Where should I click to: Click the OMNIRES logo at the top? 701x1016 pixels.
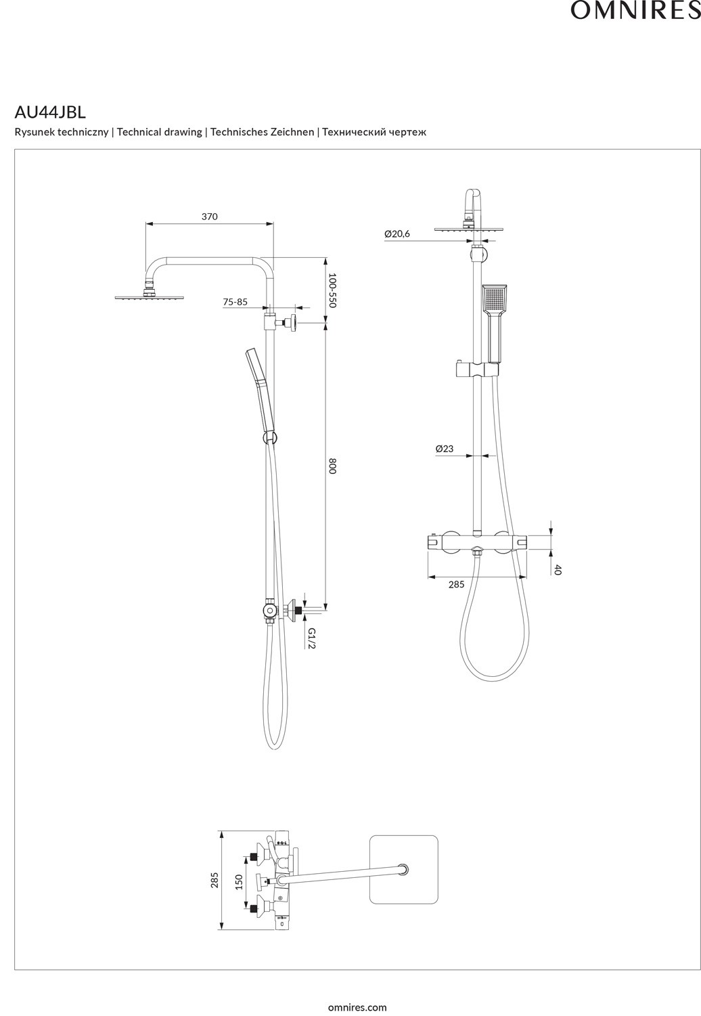point(635,10)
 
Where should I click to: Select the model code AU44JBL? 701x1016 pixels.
point(50,112)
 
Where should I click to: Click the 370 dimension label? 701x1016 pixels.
point(210,217)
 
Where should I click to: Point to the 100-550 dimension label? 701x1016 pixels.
point(332,290)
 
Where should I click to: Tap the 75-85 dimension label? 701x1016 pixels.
point(235,302)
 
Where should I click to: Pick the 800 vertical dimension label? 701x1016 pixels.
point(332,466)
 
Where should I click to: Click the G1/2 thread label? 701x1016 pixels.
point(311,638)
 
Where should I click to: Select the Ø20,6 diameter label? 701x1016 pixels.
point(397,234)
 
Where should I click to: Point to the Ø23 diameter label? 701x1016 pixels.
point(445,449)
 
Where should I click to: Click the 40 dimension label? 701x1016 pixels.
point(558,570)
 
